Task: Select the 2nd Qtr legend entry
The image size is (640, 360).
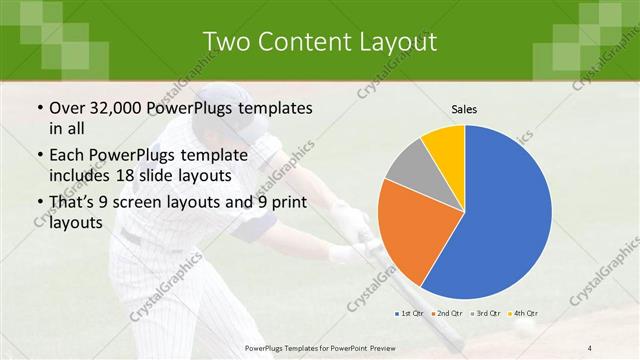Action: tap(449, 314)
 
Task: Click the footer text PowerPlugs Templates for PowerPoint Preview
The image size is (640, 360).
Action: tap(320, 346)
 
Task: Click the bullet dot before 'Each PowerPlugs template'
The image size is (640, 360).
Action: tap(39, 156)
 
